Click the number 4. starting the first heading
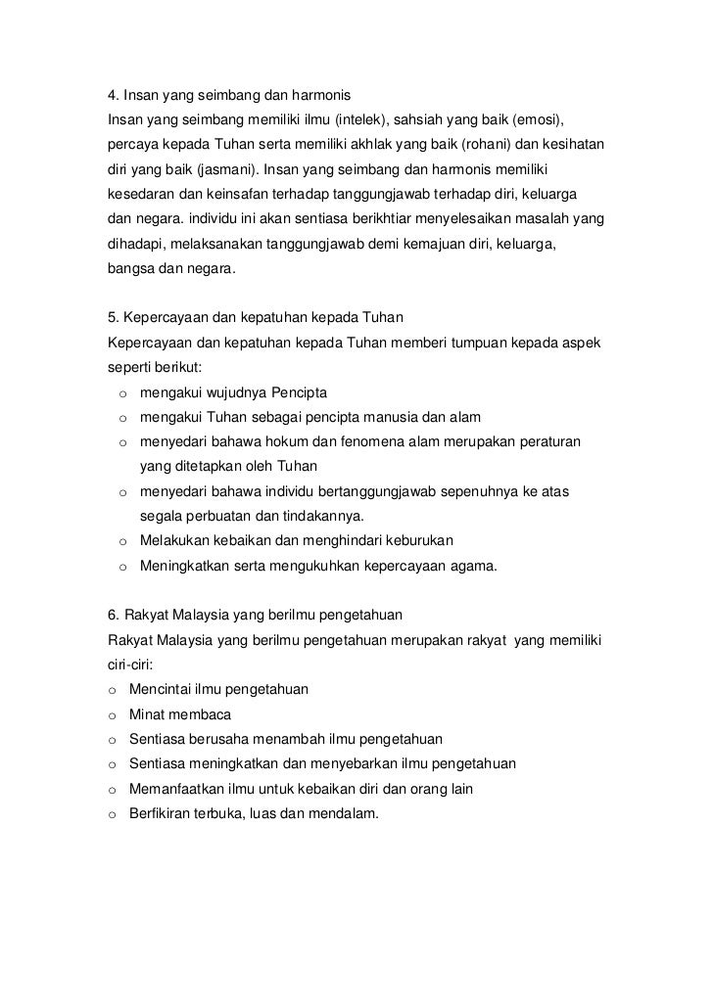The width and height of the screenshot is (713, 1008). click(x=113, y=97)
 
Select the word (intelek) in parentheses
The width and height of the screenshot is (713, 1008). click(x=361, y=119)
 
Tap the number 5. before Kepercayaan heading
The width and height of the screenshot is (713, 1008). click(x=113, y=320)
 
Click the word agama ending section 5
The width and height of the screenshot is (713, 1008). click(x=472, y=565)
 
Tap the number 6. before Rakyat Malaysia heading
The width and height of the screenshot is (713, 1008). click(x=113, y=616)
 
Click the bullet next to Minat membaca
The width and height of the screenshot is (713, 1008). click(x=113, y=714)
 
